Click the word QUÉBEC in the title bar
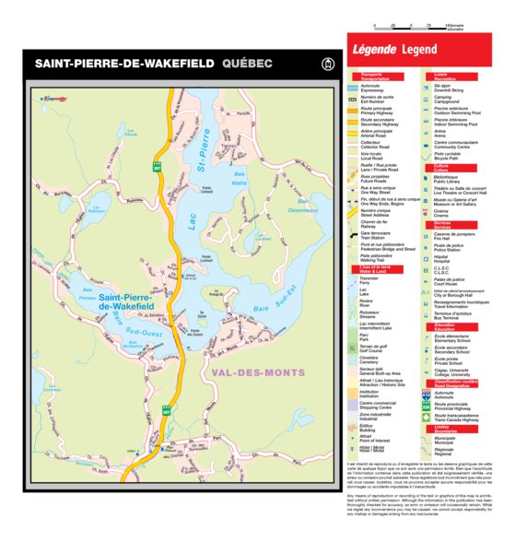[248, 65]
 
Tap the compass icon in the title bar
[323, 65]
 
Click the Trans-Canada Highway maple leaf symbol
[427, 417]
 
